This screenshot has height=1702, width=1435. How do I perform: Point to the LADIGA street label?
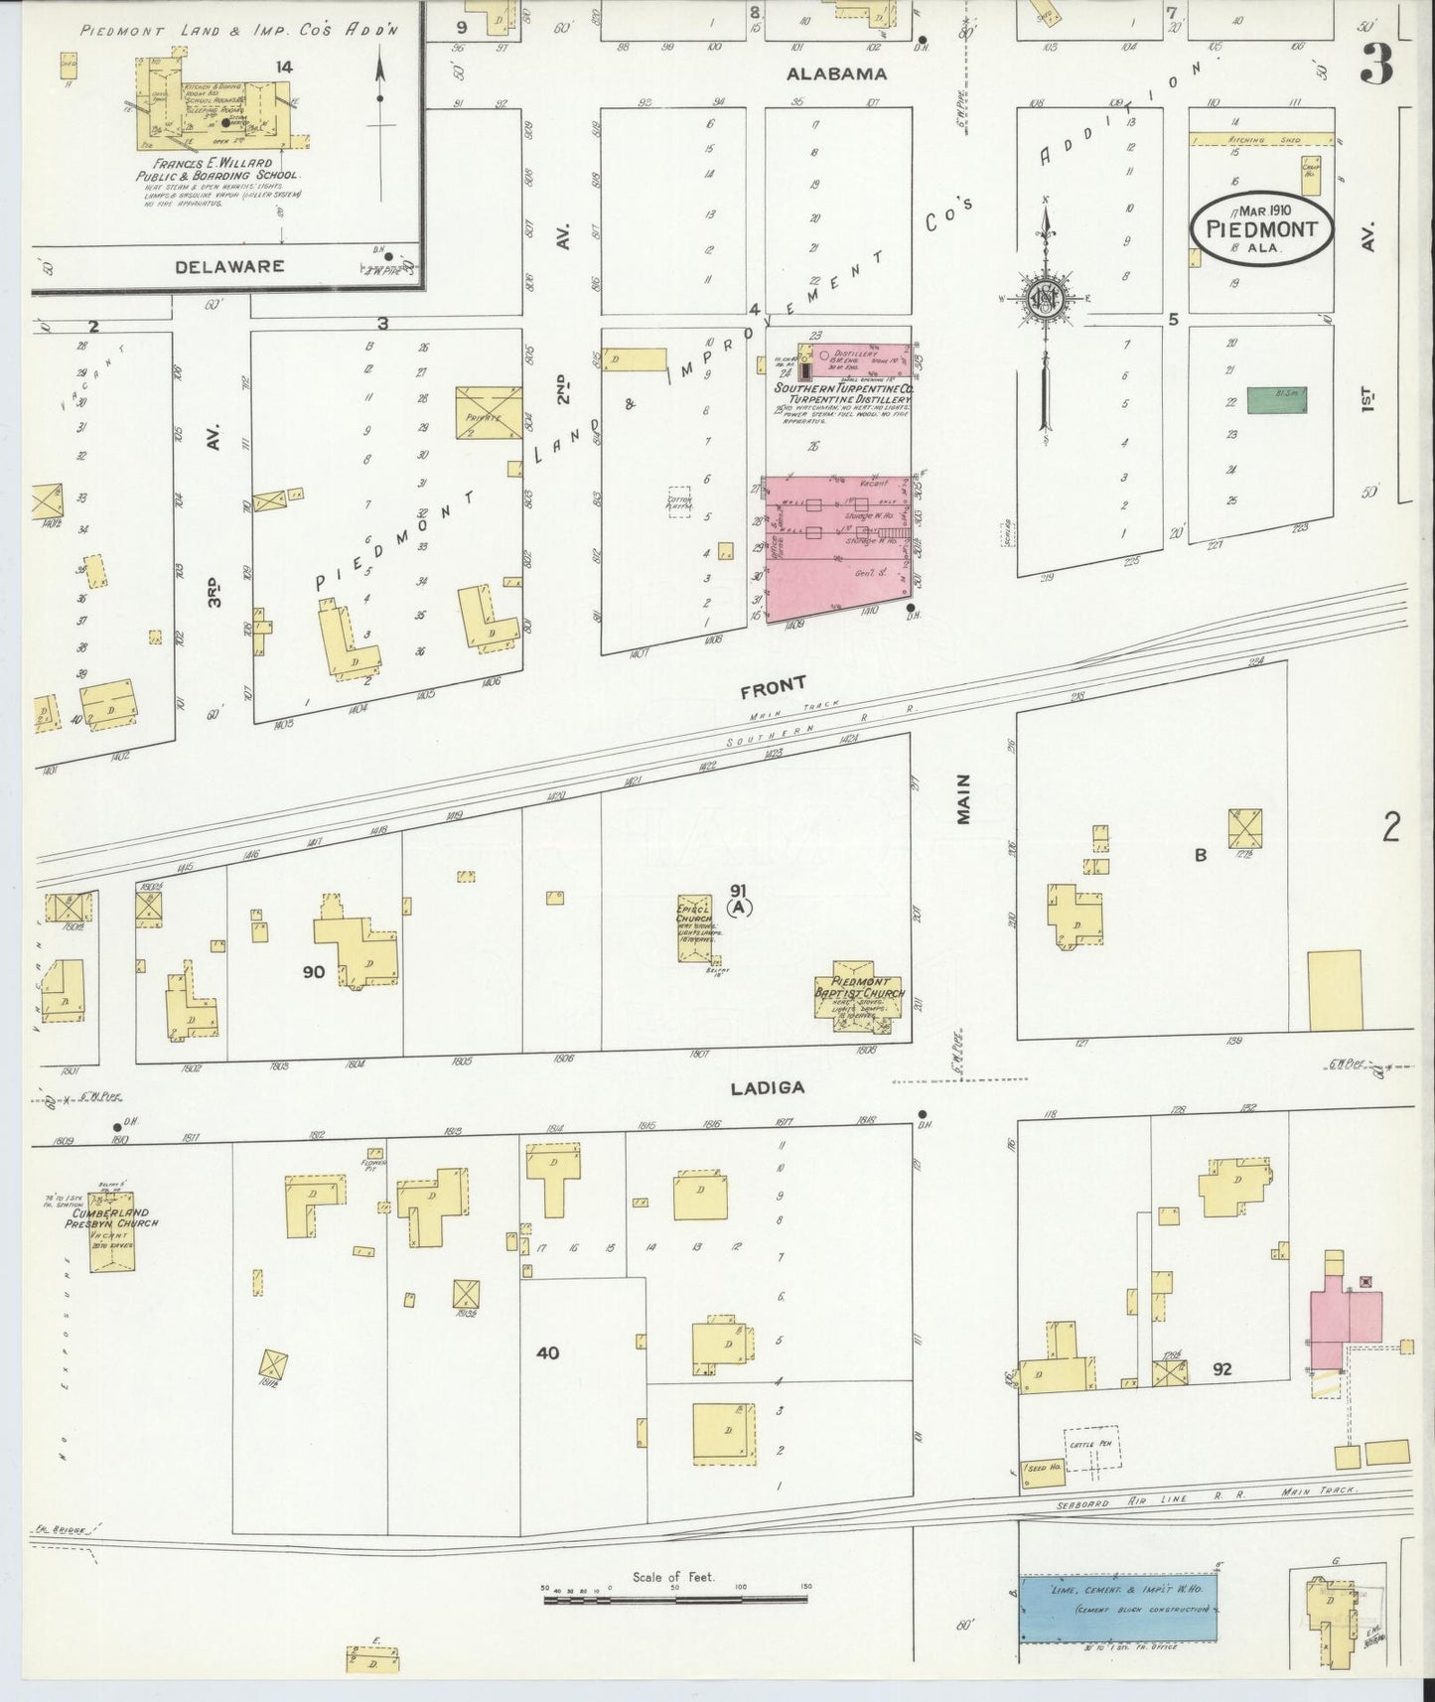tap(767, 1087)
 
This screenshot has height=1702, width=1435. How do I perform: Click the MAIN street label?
tap(963, 798)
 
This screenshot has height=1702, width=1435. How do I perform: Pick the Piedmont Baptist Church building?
tap(860, 999)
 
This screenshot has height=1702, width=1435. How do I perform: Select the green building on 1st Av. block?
tap(1276, 399)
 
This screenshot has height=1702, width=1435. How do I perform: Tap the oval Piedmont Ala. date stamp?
tap(1261, 229)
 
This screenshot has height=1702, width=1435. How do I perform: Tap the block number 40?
tap(547, 1351)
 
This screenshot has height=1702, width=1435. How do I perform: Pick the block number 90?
tap(313, 971)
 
